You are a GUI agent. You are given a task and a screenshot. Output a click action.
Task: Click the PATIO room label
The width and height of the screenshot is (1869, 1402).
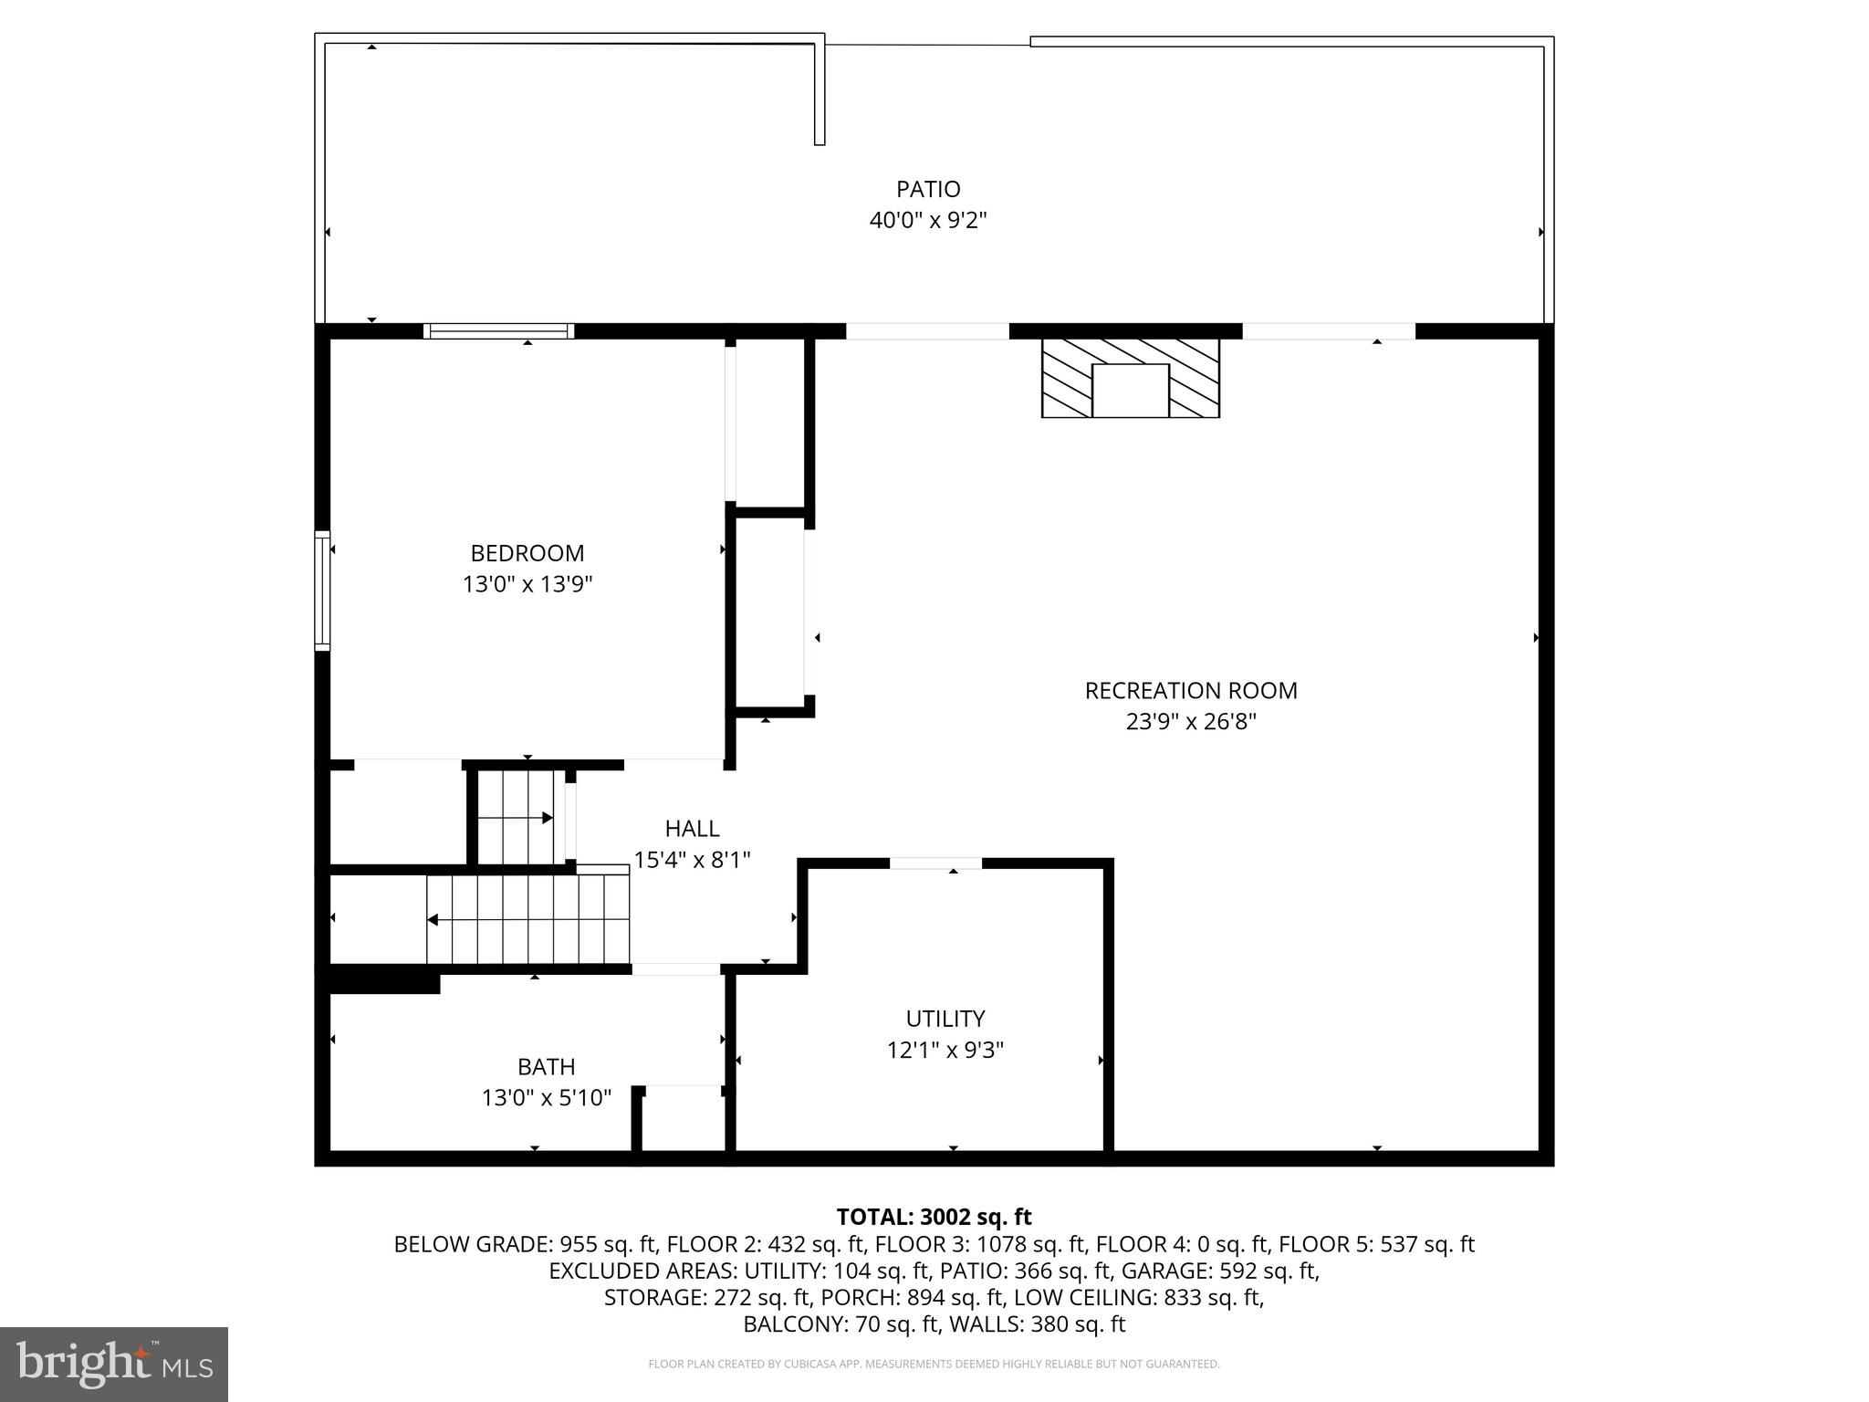[928, 189]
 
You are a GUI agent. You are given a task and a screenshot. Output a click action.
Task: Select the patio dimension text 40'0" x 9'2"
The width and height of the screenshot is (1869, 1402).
[928, 220]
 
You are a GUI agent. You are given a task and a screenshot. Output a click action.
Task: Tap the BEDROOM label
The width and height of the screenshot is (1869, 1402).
[527, 553]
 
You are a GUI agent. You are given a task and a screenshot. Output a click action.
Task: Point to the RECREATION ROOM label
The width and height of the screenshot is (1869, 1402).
[1190, 690]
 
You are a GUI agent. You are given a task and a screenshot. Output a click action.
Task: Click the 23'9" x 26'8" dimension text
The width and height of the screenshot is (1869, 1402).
[1190, 722]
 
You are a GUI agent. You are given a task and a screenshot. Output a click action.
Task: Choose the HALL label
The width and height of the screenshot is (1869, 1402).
[692, 828]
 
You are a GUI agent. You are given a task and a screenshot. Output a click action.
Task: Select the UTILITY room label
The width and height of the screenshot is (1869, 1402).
[945, 1018]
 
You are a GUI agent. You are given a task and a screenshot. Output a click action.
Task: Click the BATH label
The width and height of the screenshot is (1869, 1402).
[546, 1066]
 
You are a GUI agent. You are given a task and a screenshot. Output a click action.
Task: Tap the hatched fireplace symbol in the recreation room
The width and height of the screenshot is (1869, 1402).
[1130, 377]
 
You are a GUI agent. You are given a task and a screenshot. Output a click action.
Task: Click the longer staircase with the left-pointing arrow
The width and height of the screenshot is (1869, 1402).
[527, 919]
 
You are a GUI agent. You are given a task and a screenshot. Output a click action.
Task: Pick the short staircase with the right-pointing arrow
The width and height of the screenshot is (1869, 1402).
[517, 817]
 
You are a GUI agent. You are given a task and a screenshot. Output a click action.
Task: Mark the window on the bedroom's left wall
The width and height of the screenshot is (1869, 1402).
[322, 591]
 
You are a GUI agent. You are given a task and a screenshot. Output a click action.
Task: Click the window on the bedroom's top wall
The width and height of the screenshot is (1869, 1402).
[498, 330]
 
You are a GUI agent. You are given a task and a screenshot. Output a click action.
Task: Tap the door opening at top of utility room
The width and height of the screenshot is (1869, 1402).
[935, 863]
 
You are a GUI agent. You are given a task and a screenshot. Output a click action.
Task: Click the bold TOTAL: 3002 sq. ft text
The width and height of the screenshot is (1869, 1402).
[934, 1217]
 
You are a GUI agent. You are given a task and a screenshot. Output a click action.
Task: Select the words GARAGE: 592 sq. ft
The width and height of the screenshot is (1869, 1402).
[1220, 1271]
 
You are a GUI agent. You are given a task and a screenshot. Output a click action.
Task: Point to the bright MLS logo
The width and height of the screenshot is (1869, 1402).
[114, 1364]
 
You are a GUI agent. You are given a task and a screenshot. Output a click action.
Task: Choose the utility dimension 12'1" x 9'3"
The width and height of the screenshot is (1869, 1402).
[945, 1050]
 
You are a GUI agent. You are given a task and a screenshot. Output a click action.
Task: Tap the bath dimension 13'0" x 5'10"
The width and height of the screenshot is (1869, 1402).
[546, 1097]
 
